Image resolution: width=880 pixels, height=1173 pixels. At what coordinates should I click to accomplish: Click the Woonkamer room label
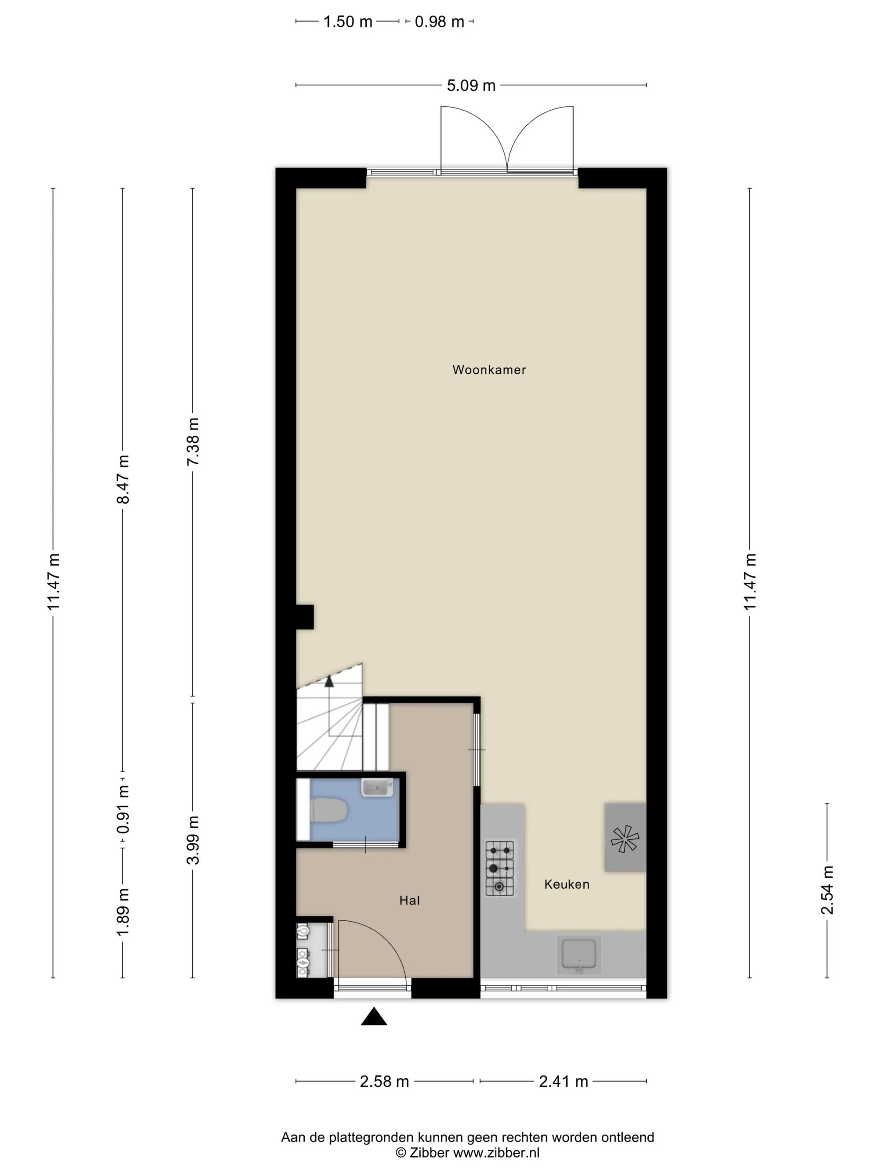[x=489, y=369]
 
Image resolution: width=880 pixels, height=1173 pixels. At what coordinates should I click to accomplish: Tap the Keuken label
[x=567, y=884]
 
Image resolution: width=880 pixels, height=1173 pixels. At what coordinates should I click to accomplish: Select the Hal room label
[x=409, y=900]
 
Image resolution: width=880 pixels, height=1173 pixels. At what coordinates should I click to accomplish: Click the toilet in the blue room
[x=329, y=810]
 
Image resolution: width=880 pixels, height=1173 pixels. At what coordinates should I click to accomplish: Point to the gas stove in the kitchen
[x=500, y=868]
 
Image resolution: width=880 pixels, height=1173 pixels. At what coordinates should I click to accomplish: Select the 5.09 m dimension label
[x=471, y=85]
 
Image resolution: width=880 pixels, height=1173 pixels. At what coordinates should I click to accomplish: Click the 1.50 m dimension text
[x=348, y=22]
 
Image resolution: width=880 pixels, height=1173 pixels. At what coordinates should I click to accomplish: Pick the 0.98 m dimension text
[x=439, y=22]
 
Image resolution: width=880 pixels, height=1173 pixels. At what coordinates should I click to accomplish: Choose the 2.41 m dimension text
[x=563, y=1081]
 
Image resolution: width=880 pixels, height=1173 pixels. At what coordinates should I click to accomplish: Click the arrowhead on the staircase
[x=329, y=681]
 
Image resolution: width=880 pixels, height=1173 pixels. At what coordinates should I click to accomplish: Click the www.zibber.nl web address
[x=495, y=1152]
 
